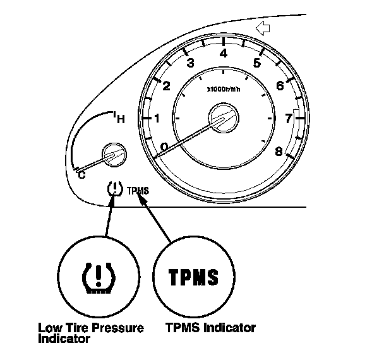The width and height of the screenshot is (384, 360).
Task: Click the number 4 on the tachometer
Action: [x=223, y=54]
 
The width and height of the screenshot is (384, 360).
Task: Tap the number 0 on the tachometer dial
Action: [x=164, y=147]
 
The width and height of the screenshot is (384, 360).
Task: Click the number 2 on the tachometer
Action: [x=166, y=87]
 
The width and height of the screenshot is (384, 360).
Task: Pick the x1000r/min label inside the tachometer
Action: [x=223, y=89]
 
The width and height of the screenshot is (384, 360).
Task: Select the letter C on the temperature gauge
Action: [x=80, y=175]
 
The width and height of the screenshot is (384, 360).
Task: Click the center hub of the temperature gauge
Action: [x=113, y=155]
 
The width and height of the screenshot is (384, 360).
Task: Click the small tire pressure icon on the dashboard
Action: [x=114, y=189]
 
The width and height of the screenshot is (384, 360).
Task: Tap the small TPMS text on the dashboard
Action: [x=138, y=189]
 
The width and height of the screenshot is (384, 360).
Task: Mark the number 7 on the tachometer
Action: [x=289, y=117]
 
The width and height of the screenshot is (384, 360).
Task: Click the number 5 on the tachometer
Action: [x=256, y=63]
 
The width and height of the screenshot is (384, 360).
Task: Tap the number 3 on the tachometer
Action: [x=189, y=63]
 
